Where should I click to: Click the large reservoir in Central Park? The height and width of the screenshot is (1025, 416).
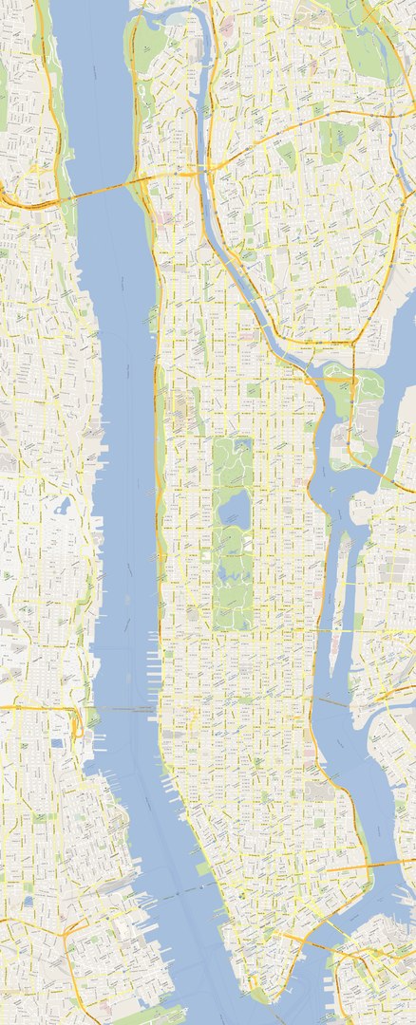(234, 511)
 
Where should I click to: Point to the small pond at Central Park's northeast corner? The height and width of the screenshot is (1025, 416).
(243, 444)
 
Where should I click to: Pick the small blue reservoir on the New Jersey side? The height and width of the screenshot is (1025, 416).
(62, 506)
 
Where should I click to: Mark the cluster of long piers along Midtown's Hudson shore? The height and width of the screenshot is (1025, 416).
(152, 664)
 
